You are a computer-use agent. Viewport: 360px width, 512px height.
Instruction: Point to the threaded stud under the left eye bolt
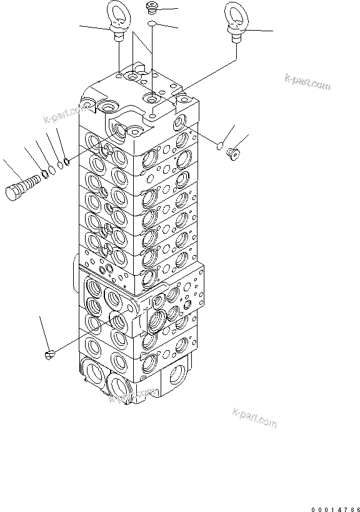(118, 37)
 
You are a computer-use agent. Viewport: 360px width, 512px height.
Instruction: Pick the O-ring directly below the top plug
(152, 24)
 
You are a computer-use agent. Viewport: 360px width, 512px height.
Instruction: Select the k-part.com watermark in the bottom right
(253, 418)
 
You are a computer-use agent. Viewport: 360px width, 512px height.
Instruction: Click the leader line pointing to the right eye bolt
(257, 29)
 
